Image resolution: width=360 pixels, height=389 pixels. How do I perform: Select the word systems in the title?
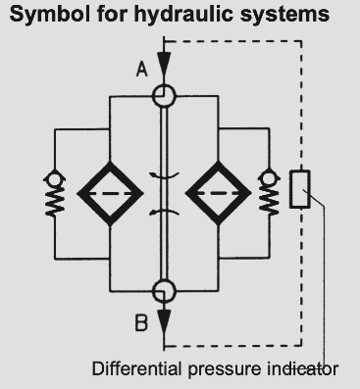pyautogui.click(x=284, y=16)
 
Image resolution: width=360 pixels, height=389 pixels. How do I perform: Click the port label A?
pyautogui.click(x=141, y=71)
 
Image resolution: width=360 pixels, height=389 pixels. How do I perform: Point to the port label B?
pyautogui.click(x=141, y=323)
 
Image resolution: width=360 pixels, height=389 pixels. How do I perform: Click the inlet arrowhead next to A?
pyautogui.click(x=164, y=65)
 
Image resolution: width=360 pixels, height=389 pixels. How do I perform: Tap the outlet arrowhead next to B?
pyautogui.click(x=164, y=320)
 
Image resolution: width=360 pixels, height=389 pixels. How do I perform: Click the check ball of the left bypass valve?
pyautogui.click(x=54, y=179)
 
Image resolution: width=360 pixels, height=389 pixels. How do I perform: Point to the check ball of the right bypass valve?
pyautogui.click(x=269, y=178)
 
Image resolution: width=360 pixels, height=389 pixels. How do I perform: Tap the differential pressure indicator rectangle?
pyautogui.click(x=290, y=189)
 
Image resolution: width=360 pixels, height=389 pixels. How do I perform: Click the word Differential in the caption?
pyautogui.click(x=136, y=368)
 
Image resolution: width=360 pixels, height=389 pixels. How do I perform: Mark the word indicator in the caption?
pyautogui.click(x=303, y=369)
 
